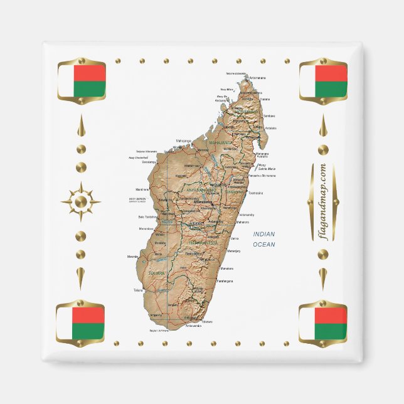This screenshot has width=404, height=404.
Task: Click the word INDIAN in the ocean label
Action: [x=264, y=234]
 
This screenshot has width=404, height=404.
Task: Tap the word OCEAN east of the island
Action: [x=264, y=243]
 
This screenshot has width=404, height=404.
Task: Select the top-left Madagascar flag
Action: [x=82, y=81]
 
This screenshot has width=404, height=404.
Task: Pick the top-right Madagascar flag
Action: [x=322, y=81]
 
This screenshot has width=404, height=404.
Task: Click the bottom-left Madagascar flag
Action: [x=80, y=324]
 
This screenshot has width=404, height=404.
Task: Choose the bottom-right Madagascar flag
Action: [x=322, y=324]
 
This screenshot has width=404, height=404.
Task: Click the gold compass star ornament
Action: [x=80, y=202]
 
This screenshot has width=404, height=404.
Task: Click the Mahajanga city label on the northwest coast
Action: [x=183, y=141]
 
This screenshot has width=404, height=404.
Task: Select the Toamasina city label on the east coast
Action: [x=255, y=193]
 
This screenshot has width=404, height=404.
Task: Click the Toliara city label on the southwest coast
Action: [x=139, y=290]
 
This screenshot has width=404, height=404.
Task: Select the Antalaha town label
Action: [x=270, y=129]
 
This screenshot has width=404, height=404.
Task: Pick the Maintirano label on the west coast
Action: [x=142, y=189]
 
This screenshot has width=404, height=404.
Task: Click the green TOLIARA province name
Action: [x=156, y=274]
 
